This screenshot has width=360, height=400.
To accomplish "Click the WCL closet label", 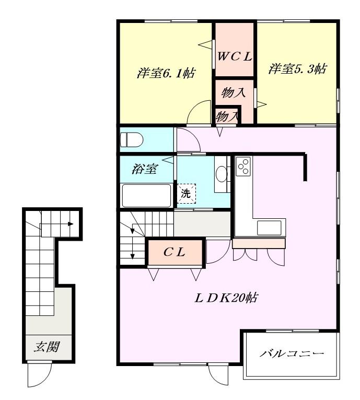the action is pos(235,56).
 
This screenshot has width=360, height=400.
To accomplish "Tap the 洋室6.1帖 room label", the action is pos(166,73).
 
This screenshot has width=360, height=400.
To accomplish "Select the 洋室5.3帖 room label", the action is pos(297,68).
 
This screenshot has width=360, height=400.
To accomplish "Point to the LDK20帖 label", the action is pos(226,298).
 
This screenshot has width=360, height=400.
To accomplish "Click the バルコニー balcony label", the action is pos(292,354).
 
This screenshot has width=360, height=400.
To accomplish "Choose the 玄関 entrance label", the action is pos(47,347).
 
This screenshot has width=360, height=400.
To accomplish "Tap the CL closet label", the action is pos(175,252).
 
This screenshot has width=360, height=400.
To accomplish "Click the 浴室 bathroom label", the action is pos(145,169).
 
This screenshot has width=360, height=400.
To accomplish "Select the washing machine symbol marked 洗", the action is pos(187,194).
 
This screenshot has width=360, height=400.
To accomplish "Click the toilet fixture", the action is pos(132,139).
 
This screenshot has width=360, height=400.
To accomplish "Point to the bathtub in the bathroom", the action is pos(146,196).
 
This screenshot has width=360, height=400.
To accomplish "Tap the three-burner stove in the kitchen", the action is pos(243,166).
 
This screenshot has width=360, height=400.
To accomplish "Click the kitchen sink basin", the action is pos(269,228).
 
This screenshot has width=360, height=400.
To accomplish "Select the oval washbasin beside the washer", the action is pos(221,174).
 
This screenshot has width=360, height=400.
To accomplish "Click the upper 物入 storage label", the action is pos(234,92).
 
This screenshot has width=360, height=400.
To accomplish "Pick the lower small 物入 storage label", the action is pos(227,117).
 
